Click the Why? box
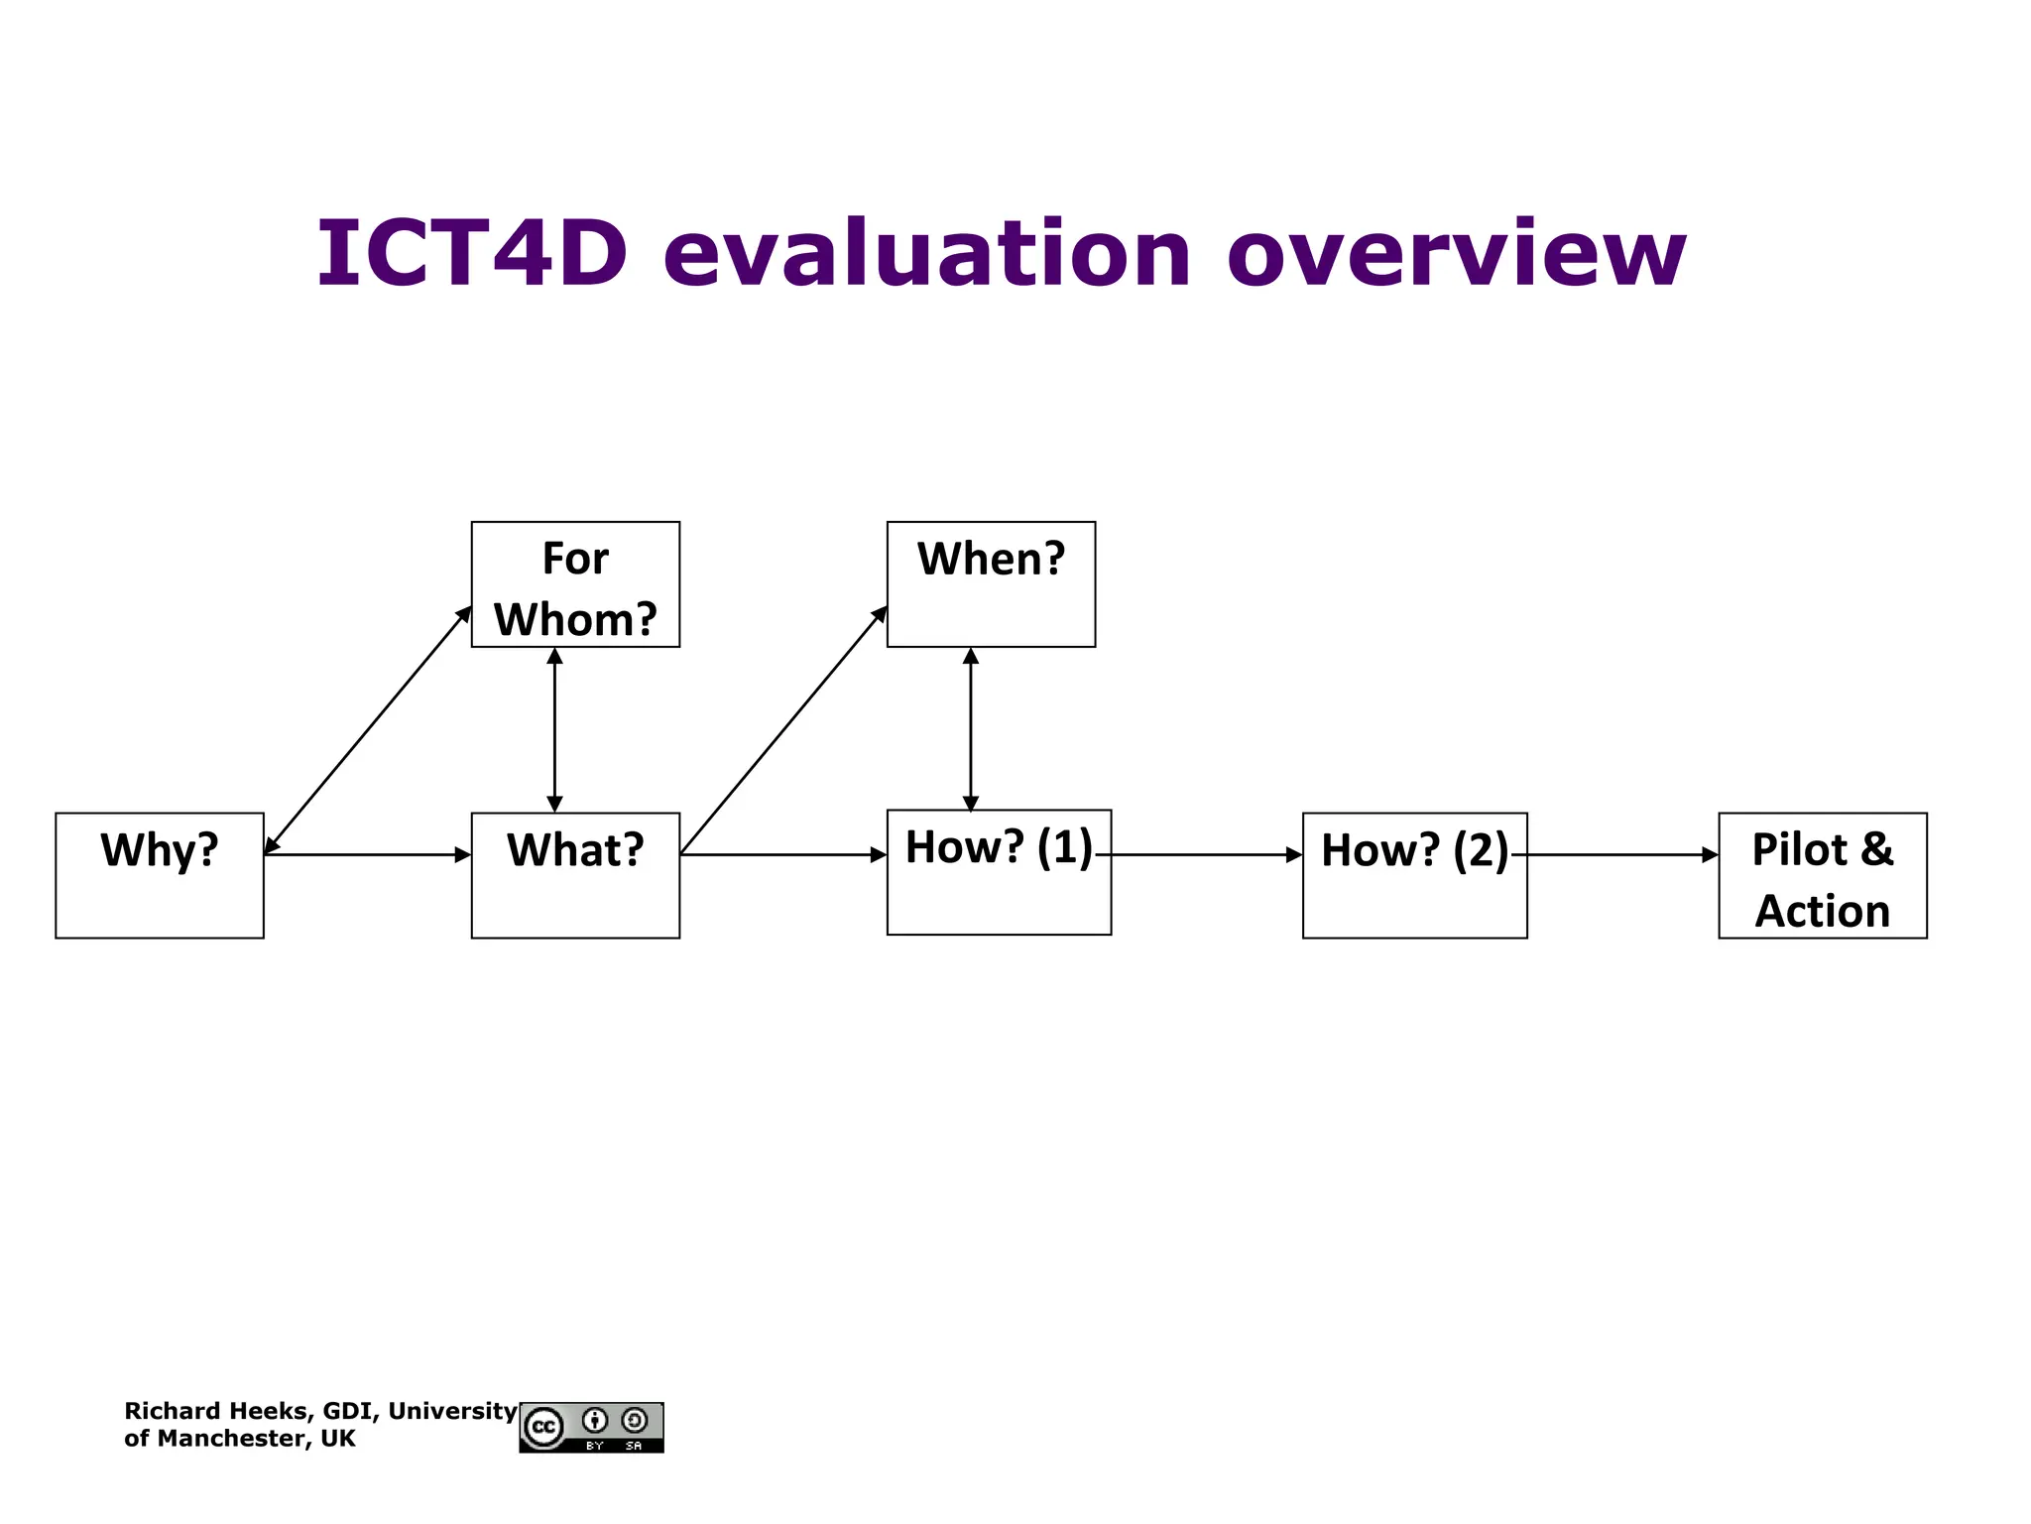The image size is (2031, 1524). tap(160, 875)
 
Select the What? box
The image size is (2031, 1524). tap(575, 875)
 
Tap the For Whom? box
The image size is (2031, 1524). tap(575, 584)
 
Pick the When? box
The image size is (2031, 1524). tap(991, 584)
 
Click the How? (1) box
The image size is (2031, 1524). tap(999, 872)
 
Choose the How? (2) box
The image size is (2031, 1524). tap(1414, 875)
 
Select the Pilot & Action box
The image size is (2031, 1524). tap(1822, 875)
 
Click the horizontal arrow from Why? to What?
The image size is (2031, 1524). tap(367, 854)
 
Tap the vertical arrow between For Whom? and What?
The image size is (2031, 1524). tap(554, 730)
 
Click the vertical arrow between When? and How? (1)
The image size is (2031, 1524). tap(971, 730)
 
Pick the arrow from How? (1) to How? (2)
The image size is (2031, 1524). tap(1206, 854)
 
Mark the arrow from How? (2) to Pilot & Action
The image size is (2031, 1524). tap(1622, 854)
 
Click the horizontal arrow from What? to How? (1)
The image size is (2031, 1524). tap(783, 854)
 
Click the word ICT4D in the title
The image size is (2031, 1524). tap(472, 254)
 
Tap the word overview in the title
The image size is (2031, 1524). tap(1456, 254)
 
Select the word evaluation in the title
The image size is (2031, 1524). tap(926, 254)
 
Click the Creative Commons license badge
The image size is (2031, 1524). tap(591, 1428)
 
